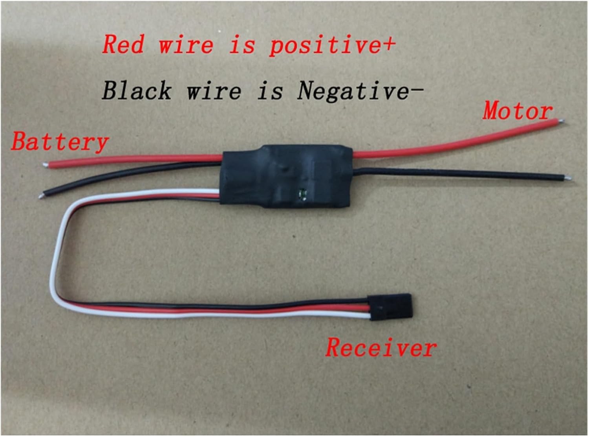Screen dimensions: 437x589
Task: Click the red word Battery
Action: (60, 142)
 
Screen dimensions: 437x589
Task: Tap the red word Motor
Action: (517, 111)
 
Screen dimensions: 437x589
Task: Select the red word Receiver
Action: (380, 348)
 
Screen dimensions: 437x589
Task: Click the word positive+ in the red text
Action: (332, 44)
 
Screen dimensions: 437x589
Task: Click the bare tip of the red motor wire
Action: (562, 121)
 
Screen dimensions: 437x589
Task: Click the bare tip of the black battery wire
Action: (41, 195)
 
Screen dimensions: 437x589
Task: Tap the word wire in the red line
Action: (186, 44)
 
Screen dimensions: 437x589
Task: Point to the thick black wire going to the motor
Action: (452, 173)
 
